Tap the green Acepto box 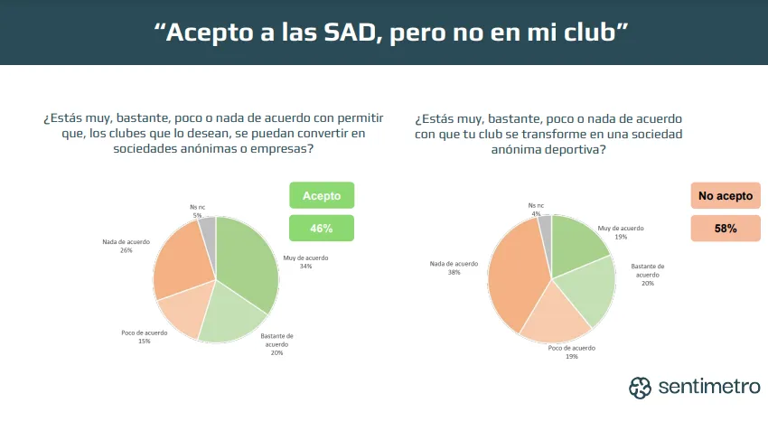tap(321, 196)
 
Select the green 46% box tap(321, 229)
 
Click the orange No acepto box tap(725, 196)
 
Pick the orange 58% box tap(725, 229)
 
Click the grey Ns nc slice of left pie tap(209, 231)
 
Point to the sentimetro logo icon tap(641, 388)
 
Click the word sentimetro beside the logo tap(709, 388)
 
